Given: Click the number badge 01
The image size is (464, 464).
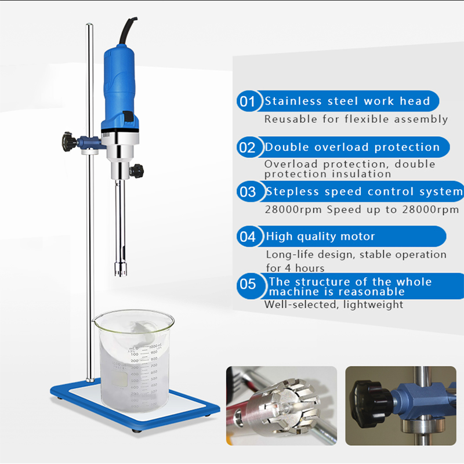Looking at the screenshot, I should click(248, 102).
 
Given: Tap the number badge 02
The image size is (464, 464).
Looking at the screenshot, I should click(248, 147).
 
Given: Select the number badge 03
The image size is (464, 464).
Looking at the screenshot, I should click(248, 192).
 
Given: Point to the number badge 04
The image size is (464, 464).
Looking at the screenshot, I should click(248, 237).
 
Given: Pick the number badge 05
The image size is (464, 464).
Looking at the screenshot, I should click(248, 285).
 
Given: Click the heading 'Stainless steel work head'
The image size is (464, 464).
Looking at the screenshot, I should click(347, 101).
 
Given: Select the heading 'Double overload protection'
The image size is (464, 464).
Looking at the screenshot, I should click(352, 147).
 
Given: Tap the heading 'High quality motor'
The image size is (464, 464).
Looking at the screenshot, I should click(321, 237).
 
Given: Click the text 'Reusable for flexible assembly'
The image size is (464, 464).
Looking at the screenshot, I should click(356, 119).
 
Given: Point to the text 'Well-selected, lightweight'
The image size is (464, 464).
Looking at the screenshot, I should click(333, 304).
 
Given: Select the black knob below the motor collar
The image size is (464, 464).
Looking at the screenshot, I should click(137, 171).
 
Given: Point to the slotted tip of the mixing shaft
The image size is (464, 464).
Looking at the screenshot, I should click(121, 267).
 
